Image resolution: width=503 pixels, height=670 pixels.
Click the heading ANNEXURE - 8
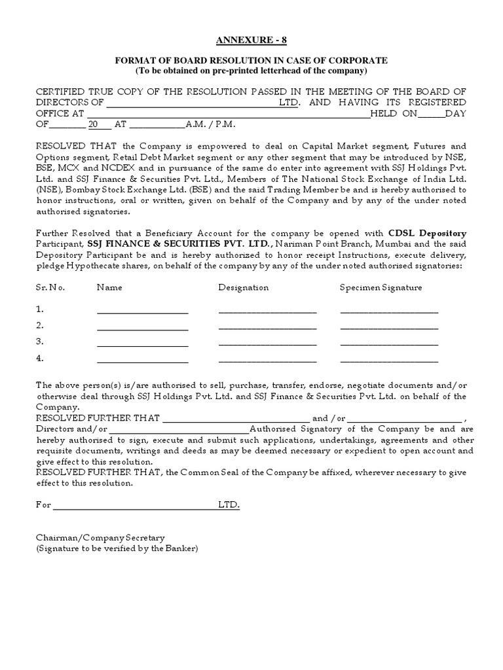251,41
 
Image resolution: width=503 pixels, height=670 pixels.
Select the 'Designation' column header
243,287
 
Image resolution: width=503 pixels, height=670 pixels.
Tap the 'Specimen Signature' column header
381,287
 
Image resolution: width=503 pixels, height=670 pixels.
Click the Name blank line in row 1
142,312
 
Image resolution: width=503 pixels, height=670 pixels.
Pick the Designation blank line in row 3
267,344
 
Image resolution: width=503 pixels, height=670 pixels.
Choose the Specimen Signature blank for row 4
389,361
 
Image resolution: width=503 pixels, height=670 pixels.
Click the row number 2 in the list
40,325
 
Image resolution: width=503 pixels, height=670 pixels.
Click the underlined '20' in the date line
94,124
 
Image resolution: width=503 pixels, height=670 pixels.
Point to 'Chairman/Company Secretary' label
100,537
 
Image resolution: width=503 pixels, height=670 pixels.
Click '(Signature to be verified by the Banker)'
117,548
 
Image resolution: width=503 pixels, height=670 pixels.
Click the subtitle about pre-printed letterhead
251,71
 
